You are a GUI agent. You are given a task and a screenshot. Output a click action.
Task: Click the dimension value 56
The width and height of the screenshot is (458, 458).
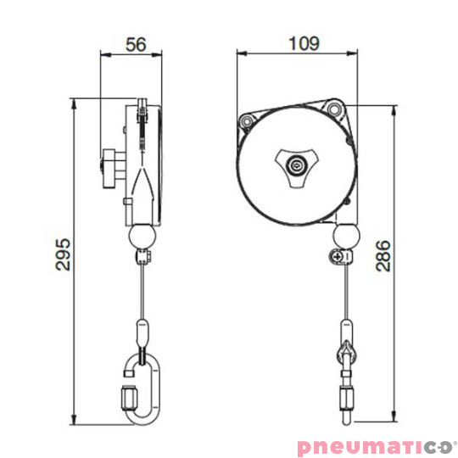[x=131, y=43]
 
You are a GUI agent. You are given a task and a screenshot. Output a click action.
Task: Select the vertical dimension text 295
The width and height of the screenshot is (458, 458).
[x=60, y=254]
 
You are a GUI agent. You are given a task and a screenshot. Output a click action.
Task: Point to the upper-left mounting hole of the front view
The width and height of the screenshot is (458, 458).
[x=247, y=120]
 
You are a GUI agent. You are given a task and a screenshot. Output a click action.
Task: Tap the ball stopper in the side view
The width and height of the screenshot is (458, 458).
[x=141, y=234]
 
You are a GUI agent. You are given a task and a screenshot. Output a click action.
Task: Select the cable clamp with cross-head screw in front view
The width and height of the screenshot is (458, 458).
[x=341, y=255]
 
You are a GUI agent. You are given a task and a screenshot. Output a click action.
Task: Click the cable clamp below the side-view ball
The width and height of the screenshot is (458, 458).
[x=142, y=255]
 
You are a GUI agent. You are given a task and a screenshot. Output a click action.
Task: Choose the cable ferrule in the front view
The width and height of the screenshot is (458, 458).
[x=345, y=329]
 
